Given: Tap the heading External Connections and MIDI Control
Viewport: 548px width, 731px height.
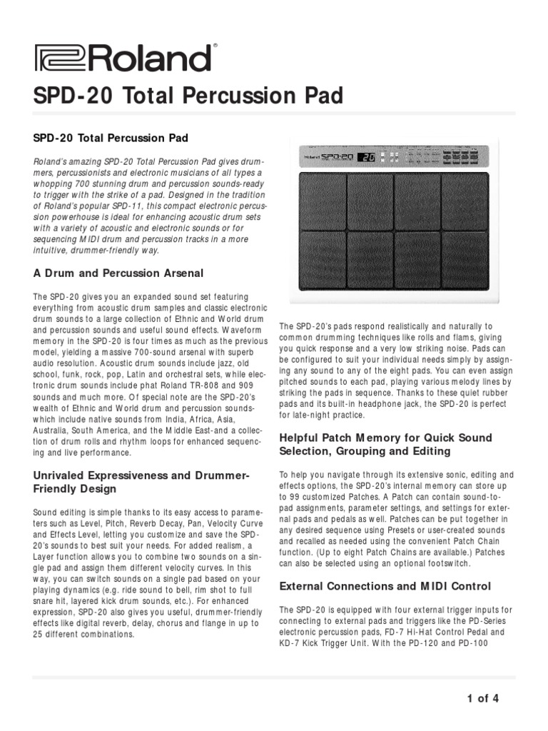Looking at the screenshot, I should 385,586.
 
